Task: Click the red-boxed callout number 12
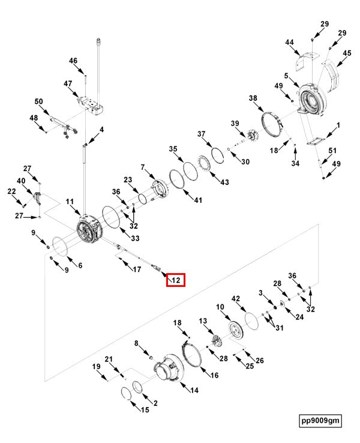(x=176, y=280)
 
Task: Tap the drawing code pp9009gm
(x=320, y=420)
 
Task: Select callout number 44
(x=289, y=42)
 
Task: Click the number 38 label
(x=253, y=98)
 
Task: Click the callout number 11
(x=70, y=201)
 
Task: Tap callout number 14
(x=194, y=390)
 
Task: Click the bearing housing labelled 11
(x=89, y=231)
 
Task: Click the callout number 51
(x=332, y=151)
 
